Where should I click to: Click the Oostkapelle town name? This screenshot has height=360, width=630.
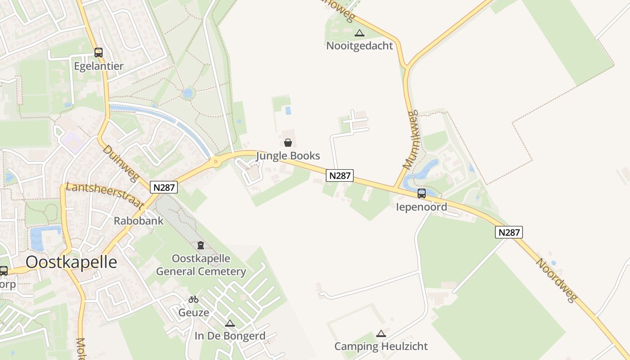coord(71,262)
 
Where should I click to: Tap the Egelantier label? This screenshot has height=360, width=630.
coord(99,66)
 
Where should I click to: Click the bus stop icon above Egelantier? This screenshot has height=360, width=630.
coord(99,53)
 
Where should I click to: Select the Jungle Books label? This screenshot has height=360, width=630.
coord(288,156)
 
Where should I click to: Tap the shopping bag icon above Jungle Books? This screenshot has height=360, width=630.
coord(288,143)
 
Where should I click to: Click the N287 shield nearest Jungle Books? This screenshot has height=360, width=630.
coord(340,175)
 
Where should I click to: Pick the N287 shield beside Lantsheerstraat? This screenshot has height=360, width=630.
coord(164,187)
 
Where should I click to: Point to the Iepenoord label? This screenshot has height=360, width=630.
coord(422,207)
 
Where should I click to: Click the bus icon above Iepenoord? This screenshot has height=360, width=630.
coord(422,193)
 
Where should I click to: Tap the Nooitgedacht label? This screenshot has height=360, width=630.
coord(360,46)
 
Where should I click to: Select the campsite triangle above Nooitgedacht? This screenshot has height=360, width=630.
coord(359,33)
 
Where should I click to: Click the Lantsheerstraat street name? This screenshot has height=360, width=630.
coord(105,195)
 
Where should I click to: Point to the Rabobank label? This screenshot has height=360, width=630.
coord(139,221)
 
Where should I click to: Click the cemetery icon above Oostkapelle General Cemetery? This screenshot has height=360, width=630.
coord(201,245)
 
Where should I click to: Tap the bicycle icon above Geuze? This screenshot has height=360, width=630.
coord(193,299)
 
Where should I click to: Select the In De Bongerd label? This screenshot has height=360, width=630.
coord(230,336)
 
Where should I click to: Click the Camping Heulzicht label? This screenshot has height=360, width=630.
coord(381,346)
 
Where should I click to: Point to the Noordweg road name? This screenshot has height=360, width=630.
coord(556,280)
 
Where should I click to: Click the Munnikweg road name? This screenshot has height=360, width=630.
coord(410,139)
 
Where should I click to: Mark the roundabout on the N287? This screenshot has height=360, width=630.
coord(216,162)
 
